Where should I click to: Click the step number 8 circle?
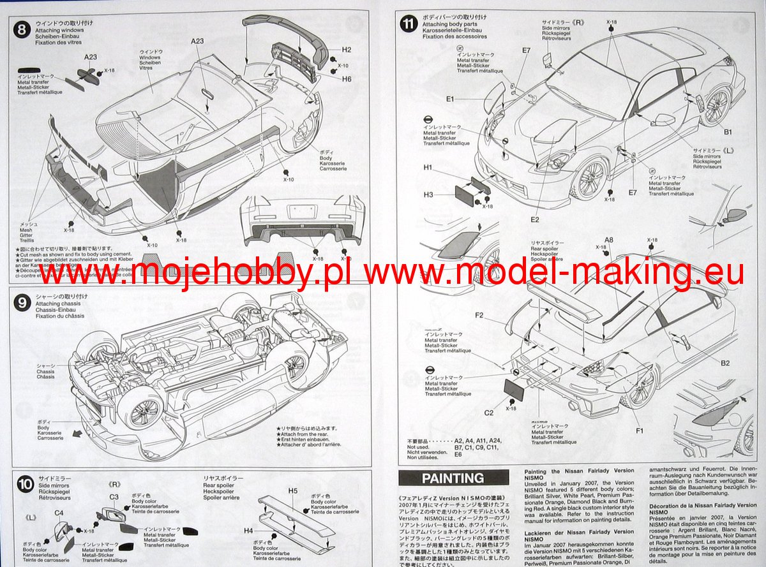tap(22, 29)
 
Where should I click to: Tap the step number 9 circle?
tap(22, 302)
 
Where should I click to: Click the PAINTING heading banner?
tap(453, 478)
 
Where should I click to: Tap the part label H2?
tap(347, 49)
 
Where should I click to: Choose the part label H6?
tap(347, 79)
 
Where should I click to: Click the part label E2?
tap(535, 220)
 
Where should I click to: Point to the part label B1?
tap(727, 132)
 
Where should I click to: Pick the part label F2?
tap(479, 316)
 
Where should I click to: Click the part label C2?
tap(488, 413)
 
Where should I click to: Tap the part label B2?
tap(725, 364)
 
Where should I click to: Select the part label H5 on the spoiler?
tap(293, 490)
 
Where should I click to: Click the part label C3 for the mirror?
tap(114, 497)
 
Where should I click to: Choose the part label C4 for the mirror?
tap(58, 513)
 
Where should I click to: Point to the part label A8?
tap(609, 240)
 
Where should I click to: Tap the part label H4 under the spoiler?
tap(249, 531)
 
